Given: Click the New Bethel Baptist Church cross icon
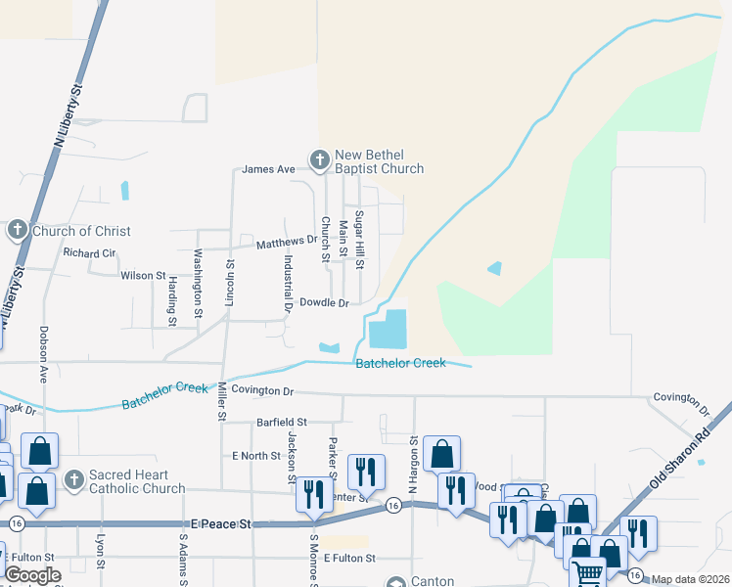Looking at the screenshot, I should tap(318, 159).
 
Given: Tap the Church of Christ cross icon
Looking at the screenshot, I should tap(17, 231).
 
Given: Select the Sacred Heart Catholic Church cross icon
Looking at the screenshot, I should tap(73, 479).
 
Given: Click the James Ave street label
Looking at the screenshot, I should tap(268, 169).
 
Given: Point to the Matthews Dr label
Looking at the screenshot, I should tap(288, 240).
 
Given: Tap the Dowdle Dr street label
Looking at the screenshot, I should tap(324, 303).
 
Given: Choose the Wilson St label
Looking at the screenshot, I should tap(143, 276).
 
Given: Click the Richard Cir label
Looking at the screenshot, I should tap(89, 252).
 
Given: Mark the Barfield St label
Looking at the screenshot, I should tap(282, 423).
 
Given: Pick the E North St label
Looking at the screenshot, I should tap(255, 456).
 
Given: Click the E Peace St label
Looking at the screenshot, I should tap(220, 524).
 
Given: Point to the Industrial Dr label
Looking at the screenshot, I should tap(289, 283).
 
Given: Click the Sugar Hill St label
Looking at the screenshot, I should tap(359, 240).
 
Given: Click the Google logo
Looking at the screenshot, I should tap(31, 575).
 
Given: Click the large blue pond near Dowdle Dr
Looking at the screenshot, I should tap(389, 329).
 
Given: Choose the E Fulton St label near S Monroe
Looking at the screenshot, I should tap(349, 558).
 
